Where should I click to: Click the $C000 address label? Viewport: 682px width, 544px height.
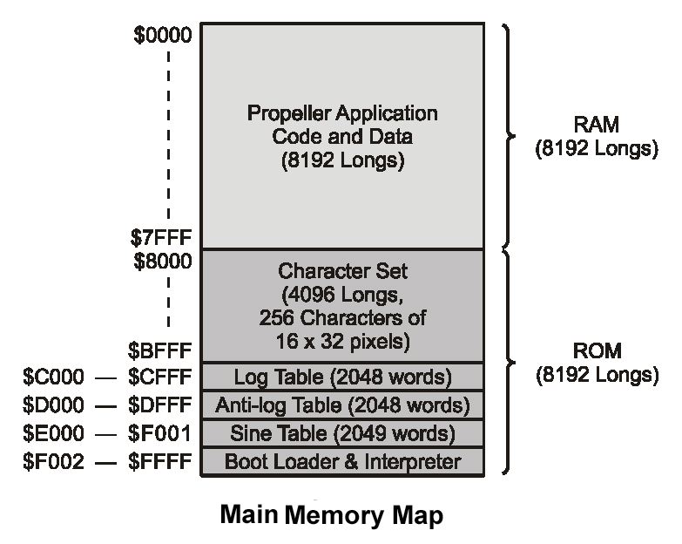[54, 377]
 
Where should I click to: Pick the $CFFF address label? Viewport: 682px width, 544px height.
[159, 377]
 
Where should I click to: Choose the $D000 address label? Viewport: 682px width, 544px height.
[54, 405]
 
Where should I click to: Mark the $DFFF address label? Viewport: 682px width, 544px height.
[159, 405]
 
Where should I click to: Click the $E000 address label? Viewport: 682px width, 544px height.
[54, 433]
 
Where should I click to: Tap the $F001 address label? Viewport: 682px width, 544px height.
[159, 433]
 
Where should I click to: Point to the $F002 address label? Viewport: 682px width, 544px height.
[54, 461]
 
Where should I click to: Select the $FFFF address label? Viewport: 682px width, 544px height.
[159, 461]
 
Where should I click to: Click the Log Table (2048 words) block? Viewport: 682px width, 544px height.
[342, 377]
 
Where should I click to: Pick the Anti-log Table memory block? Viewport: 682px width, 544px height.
[342, 405]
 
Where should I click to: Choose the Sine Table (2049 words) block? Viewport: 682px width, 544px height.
[342, 432]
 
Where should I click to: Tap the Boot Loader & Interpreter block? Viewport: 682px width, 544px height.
[342, 460]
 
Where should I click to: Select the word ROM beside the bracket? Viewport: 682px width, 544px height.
[596, 352]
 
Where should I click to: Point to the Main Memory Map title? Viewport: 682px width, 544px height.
[331, 514]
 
